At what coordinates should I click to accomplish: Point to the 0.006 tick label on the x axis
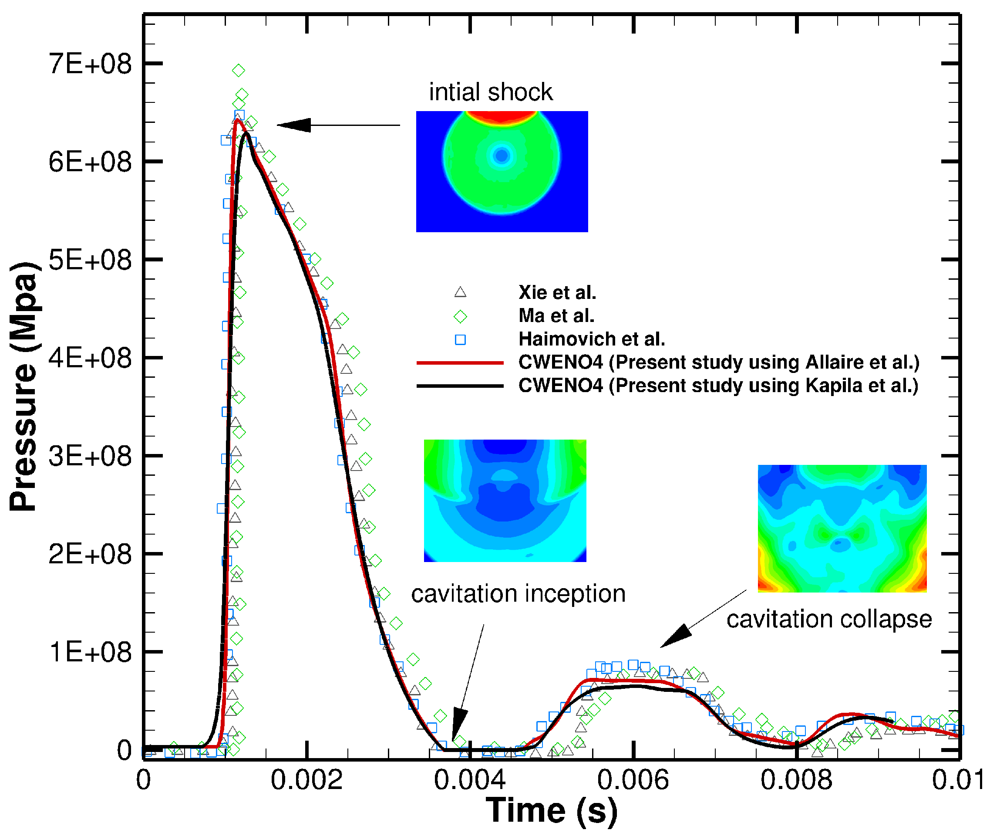tap(633, 780)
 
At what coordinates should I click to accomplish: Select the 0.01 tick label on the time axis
tap(957, 780)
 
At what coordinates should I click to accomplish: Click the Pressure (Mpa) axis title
tap(24, 386)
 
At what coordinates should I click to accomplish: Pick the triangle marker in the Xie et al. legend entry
tap(460, 292)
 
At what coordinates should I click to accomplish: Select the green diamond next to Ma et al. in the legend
tap(460, 316)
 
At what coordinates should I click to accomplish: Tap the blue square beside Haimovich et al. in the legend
tap(460, 339)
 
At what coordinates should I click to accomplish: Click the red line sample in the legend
tap(460, 363)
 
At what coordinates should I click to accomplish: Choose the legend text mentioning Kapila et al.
tap(718, 386)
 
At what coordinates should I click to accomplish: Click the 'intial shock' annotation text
tap(491, 92)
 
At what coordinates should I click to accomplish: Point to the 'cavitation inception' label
tap(518, 594)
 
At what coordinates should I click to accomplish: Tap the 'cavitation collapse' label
tap(829, 620)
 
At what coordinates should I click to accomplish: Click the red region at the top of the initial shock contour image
tap(502, 116)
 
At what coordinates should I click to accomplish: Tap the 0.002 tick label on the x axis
tap(306, 780)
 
